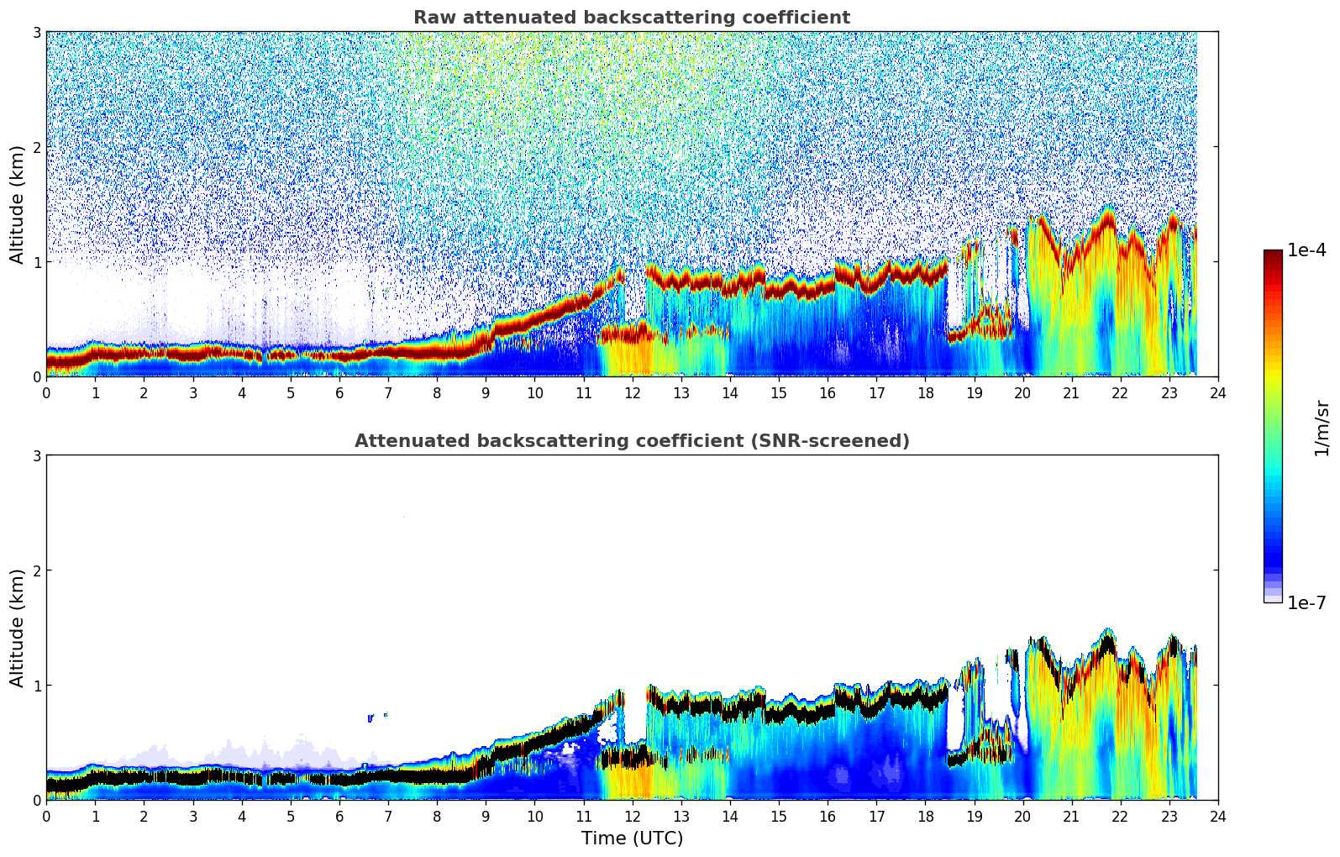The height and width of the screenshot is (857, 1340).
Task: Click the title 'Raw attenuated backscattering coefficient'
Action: pos(631,18)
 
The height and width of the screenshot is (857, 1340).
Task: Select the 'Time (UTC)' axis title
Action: pos(632,839)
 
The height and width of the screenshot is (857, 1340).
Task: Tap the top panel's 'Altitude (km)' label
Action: pos(17,204)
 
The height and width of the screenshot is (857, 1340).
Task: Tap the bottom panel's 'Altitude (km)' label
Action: pos(17,628)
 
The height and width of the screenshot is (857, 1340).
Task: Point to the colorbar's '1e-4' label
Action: pos(1306,250)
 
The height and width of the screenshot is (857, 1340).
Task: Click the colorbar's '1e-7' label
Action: pos(1306,603)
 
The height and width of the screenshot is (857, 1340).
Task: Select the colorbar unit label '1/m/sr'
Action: pos(1322,428)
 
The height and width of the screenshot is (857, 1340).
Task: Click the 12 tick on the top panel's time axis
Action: pos(632,392)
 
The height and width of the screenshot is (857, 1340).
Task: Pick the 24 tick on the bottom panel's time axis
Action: pos(1218,816)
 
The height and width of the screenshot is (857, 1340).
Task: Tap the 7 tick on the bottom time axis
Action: pos(388,816)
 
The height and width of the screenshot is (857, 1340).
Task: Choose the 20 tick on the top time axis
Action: pos(1022,392)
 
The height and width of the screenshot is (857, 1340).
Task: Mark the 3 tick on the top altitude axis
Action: pos(37,32)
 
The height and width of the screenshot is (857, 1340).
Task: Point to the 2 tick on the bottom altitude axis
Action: pos(37,570)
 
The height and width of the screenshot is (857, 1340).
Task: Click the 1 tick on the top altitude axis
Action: pos(37,262)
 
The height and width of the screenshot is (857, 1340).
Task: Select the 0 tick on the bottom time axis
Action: pos(46,816)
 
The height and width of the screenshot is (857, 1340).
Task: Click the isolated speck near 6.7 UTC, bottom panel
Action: pos(370,718)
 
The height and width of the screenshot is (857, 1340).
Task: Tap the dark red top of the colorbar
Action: pos(1273,254)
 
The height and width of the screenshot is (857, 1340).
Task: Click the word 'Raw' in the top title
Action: pos(431,18)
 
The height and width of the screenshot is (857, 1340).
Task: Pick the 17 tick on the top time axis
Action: pos(876,392)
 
